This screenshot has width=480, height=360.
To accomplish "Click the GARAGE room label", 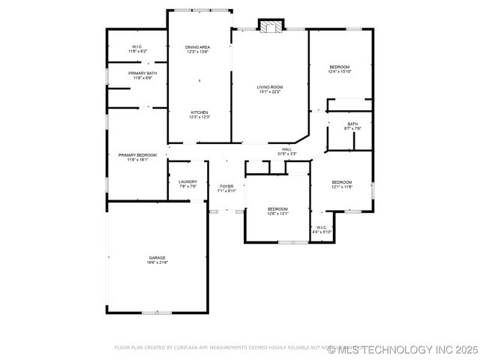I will pos(157,257).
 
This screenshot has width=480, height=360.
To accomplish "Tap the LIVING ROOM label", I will pos(270,87).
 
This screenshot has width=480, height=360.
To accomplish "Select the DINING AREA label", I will pos(198,47).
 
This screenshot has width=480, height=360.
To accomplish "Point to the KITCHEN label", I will pos(199,112).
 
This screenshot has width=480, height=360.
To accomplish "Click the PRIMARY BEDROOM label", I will pos(137,154).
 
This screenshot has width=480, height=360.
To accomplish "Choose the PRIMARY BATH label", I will pos(142,73).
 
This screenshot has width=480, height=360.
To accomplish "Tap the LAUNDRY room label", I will pos(187,181).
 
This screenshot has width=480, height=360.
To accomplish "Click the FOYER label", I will pos(226,186).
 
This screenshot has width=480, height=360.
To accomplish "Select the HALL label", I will pos(286,149).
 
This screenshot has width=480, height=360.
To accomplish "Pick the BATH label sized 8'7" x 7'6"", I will pos(352,124).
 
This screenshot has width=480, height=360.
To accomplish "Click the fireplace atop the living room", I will pos(271,26).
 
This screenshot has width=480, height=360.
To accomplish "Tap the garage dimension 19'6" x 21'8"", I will pos(157,262).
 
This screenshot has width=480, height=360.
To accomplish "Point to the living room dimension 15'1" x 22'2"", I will pos(270,92).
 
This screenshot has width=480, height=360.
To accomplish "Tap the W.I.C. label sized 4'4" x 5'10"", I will pos(322,229).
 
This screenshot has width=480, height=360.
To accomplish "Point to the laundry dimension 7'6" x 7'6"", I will pos(187,187).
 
